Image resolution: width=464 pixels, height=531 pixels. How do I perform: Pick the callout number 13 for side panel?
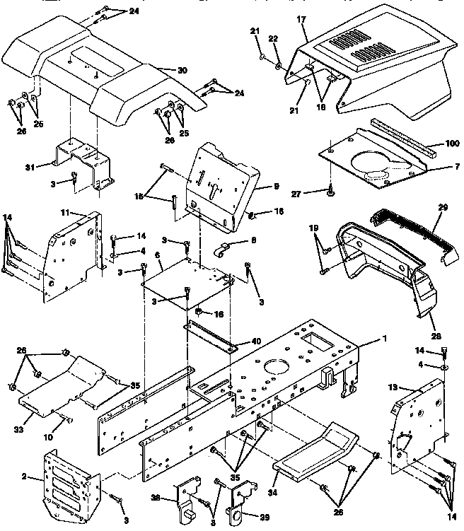click(x=395, y=387)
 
